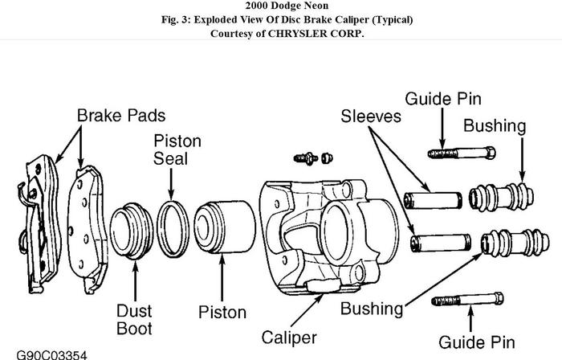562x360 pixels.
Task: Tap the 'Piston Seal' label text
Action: [177, 149]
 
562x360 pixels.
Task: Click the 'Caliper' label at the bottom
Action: [289, 337]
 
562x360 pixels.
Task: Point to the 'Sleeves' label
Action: [371, 117]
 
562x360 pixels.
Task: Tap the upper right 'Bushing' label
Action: [495, 126]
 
